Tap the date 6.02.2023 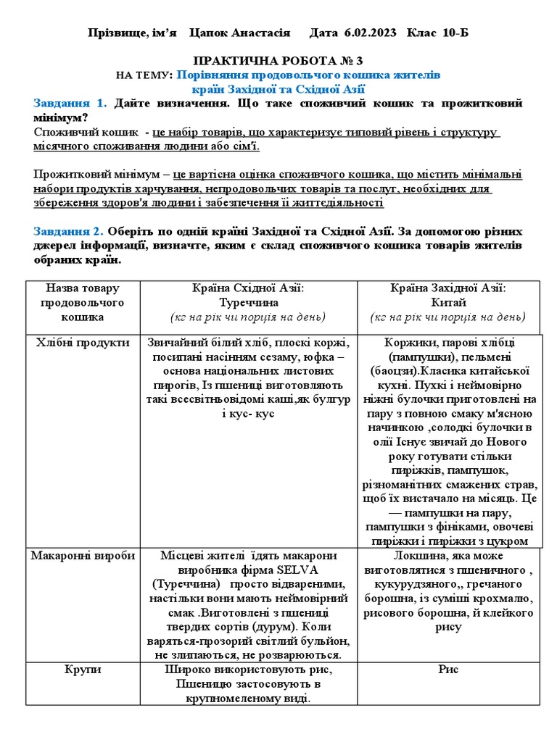point(365,33)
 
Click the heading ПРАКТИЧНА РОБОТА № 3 point(278,62)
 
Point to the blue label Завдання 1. point(70,103)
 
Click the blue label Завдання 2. point(70,231)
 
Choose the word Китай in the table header point(447,302)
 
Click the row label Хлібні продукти point(83,343)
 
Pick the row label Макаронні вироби point(83,556)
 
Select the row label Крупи point(83,670)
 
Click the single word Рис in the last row point(448,670)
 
